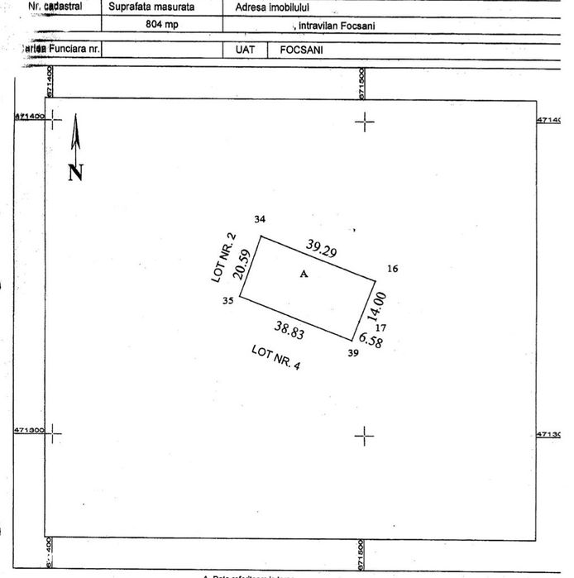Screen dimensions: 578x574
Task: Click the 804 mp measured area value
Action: (x=161, y=24)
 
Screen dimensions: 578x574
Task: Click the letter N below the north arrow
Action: (x=75, y=173)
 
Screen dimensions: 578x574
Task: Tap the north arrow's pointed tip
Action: (x=75, y=117)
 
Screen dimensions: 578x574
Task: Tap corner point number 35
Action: (x=227, y=301)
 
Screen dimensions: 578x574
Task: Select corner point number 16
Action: (x=392, y=269)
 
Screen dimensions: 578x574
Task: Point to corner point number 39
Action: (x=354, y=354)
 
